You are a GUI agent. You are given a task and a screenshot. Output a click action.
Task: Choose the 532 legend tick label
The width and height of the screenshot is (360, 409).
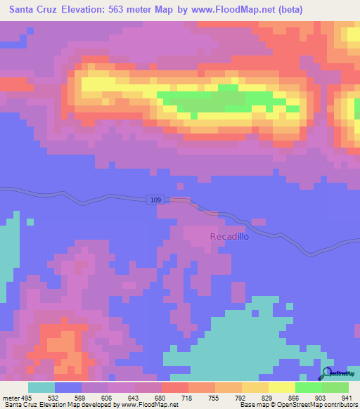[53, 398]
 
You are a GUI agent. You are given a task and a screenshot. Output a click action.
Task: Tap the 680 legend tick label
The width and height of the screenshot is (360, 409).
[160, 398]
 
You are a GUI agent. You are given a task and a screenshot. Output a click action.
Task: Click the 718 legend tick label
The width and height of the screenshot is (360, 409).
[188, 398]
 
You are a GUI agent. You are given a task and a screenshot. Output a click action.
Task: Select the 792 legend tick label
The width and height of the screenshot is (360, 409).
[240, 398]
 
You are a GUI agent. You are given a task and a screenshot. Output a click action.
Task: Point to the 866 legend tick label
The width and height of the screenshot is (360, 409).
[294, 398]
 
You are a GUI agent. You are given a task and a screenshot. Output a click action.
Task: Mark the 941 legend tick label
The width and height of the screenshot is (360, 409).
[347, 398]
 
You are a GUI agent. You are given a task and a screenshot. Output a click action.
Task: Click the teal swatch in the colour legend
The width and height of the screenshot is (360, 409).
[41, 387]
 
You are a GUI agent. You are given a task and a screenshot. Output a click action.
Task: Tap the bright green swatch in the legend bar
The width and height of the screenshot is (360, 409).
[308, 387]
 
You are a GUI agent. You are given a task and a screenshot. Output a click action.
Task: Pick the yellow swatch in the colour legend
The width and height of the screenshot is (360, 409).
[281, 387]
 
